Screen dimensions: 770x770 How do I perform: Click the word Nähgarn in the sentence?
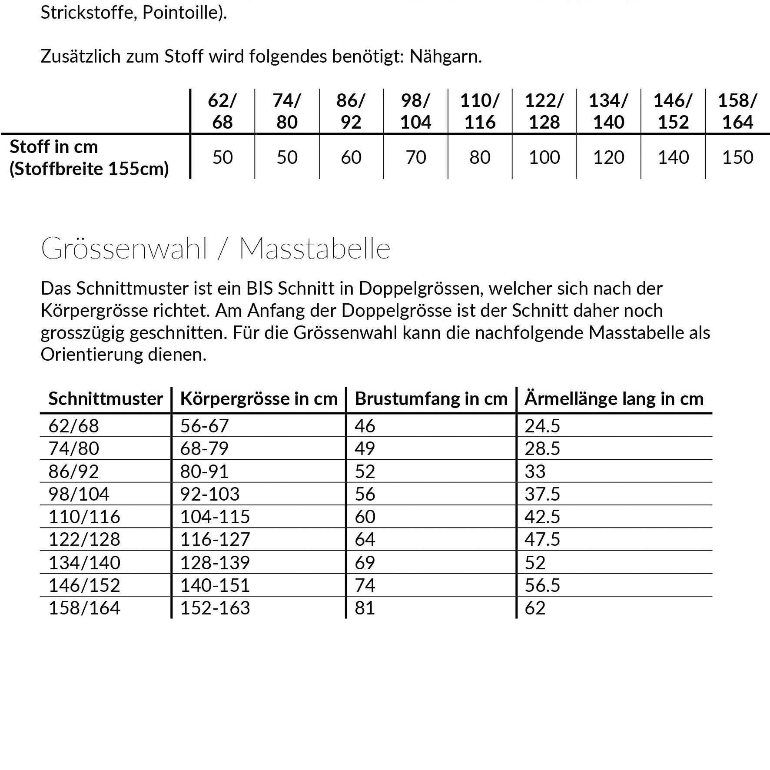click(445, 56)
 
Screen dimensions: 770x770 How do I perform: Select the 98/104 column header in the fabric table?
click(415, 111)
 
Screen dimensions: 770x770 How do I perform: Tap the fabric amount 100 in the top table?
click(544, 157)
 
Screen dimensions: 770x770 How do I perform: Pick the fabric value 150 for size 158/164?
click(737, 157)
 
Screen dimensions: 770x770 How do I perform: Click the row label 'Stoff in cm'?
click(54, 147)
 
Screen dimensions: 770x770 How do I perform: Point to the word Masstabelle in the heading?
click(315, 249)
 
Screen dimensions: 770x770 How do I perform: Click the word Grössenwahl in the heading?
click(124, 249)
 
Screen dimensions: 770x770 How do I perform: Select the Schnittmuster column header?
click(106, 398)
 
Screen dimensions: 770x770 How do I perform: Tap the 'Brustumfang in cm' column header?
click(431, 398)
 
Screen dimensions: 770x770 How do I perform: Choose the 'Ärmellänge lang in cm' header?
click(614, 398)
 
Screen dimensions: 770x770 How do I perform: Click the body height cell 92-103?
click(210, 494)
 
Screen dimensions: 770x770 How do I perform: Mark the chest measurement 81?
click(365, 608)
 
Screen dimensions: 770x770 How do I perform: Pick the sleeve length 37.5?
click(542, 494)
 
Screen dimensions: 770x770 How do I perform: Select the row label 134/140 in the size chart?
click(84, 563)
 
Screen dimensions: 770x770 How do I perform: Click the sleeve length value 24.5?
click(542, 426)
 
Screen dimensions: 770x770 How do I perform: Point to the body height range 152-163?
click(215, 608)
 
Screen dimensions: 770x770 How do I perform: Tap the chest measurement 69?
click(365, 563)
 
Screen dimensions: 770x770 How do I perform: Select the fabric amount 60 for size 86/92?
click(351, 157)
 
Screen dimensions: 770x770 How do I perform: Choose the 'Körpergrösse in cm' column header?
click(259, 398)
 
